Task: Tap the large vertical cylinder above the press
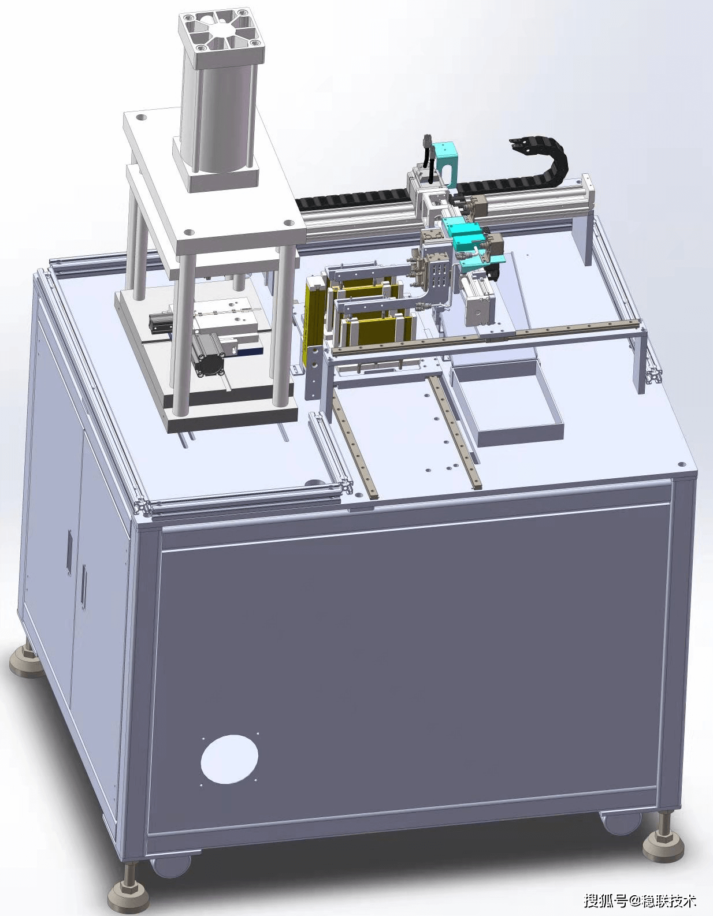219,113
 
